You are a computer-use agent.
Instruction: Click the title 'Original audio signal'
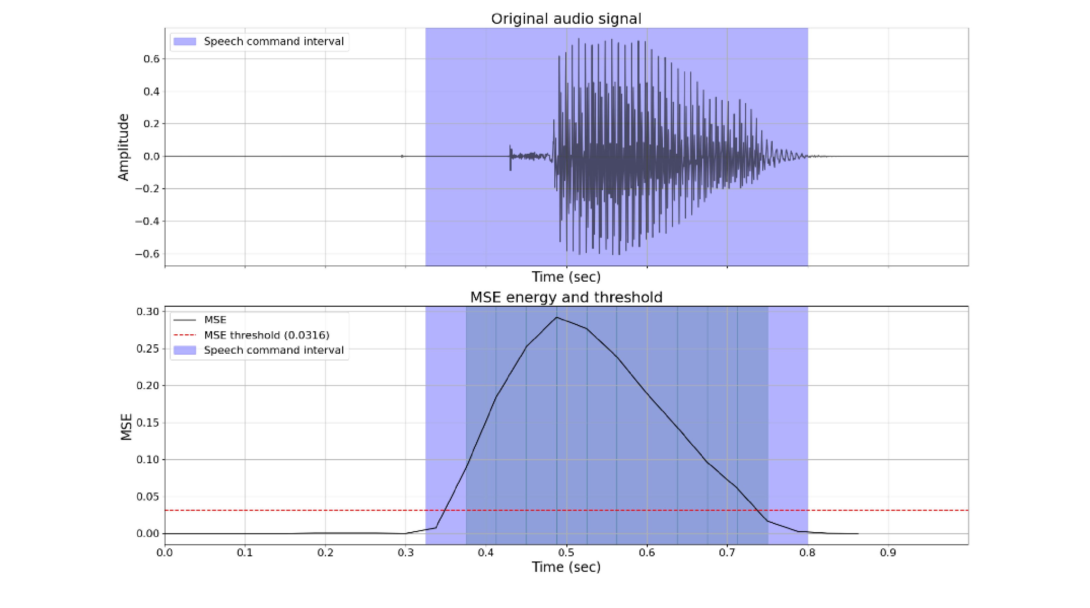566,19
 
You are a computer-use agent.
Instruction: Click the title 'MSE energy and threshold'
566,297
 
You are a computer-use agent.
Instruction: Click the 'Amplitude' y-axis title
123,147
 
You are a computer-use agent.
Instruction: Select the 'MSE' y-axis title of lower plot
126,427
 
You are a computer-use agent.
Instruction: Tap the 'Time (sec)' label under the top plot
566,277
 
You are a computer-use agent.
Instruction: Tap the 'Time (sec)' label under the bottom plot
566,567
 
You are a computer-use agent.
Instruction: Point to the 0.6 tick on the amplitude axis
151,59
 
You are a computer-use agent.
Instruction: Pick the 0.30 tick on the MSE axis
147,312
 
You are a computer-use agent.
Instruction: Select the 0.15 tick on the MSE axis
147,422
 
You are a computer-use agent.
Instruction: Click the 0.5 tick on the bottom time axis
566,553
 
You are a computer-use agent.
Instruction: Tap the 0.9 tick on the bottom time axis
888,553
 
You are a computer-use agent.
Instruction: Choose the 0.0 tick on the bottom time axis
165,553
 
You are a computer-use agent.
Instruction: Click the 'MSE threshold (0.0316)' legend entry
267,335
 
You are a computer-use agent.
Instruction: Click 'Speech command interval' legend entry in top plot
273,41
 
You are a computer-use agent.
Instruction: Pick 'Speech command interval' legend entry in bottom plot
273,350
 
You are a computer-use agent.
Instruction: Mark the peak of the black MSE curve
556,317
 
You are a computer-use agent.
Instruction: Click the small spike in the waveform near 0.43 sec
510,157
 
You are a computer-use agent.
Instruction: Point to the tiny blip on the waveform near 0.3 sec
402,156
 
